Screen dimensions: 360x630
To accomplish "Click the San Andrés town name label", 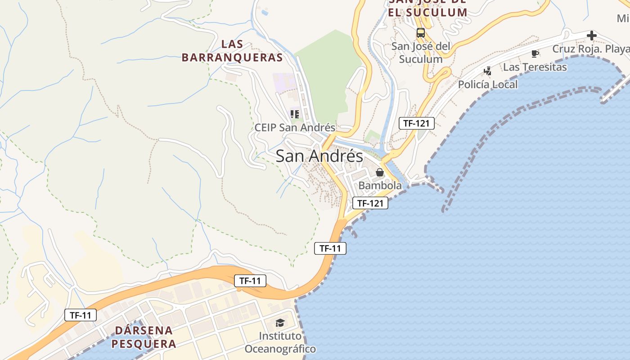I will pyautogui.click(x=319, y=156).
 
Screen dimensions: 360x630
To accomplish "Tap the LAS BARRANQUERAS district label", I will pyautogui.click(x=232, y=51).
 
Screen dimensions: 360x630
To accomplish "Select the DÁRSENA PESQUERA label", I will pyautogui.click(x=144, y=337).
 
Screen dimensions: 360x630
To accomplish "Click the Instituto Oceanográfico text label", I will pyautogui.click(x=280, y=342).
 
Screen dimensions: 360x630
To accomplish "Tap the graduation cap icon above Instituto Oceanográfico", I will pyautogui.click(x=280, y=323).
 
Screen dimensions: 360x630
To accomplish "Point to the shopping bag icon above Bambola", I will pyautogui.click(x=380, y=172).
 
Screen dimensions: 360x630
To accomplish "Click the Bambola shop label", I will pyautogui.click(x=380, y=185).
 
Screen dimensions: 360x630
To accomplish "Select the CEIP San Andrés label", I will pyautogui.click(x=295, y=127).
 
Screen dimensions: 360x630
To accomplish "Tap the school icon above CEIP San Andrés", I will pyautogui.click(x=295, y=114).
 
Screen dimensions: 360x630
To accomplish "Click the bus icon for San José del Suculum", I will pyautogui.click(x=420, y=33).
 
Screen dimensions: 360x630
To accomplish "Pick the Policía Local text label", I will pyautogui.click(x=488, y=84).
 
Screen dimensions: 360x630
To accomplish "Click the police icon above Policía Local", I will pyautogui.click(x=488, y=71).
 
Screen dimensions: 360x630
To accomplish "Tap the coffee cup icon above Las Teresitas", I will pyautogui.click(x=535, y=54).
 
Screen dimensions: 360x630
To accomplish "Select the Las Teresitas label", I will pyautogui.click(x=535, y=67).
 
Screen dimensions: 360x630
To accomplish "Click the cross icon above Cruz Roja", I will pyautogui.click(x=592, y=36).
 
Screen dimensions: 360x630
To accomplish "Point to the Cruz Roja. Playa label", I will pyautogui.click(x=590, y=49).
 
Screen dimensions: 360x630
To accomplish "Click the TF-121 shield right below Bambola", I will pyautogui.click(x=370, y=203).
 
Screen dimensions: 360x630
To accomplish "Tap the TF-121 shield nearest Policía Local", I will pyautogui.click(x=416, y=123).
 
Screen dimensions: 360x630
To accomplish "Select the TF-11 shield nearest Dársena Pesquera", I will pyautogui.click(x=81, y=315).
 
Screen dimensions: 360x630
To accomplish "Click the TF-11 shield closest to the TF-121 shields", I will pyautogui.click(x=330, y=248).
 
